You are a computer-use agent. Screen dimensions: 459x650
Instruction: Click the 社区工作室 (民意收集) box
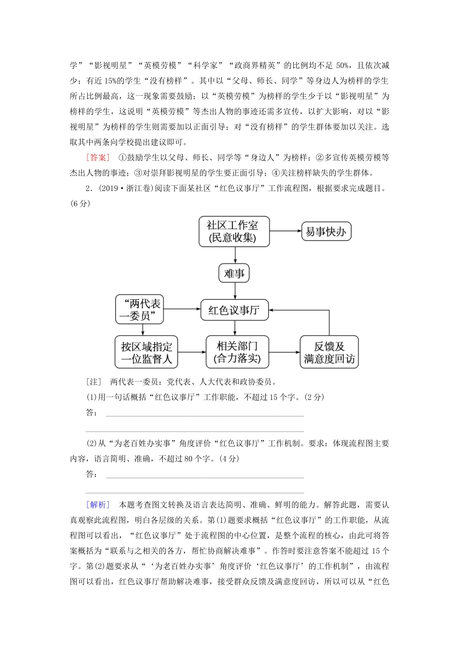(x=234, y=232)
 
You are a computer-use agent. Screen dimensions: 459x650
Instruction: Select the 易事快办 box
(x=326, y=232)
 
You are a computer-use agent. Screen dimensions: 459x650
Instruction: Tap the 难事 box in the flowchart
(x=234, y=274)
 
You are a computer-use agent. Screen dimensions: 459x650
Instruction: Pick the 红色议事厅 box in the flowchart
(x=234, y=310)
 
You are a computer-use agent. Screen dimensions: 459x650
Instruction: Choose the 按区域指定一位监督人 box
(x=146, y=352)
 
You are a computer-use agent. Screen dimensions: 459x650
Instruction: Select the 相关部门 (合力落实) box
(x=237, y=352)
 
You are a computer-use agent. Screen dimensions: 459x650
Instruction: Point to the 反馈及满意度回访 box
(x=329, y=352)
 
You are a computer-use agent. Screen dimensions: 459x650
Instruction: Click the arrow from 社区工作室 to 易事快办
(x=286, y=231)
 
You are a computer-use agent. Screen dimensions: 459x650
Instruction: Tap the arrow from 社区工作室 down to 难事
(x=235, y=255)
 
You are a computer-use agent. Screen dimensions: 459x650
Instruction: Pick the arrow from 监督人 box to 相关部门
(x=192, y=352)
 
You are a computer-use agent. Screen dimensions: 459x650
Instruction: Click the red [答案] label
(x=99, y=157)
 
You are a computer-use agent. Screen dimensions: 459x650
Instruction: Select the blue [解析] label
(x=99, y=504)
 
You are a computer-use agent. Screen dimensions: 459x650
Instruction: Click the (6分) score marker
(x=80, y=203)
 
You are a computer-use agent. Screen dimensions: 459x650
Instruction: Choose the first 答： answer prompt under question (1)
(x=92, y=413)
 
